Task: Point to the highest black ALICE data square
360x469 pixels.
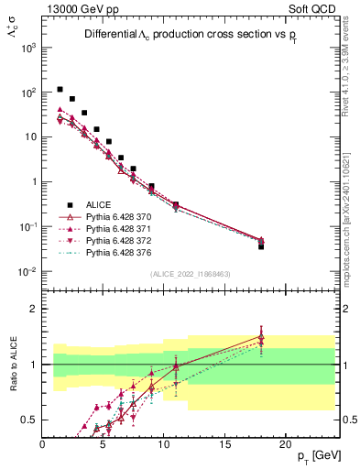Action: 60,90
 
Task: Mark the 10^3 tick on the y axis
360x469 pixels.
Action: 29,48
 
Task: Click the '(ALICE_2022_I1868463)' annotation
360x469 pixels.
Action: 190,274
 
